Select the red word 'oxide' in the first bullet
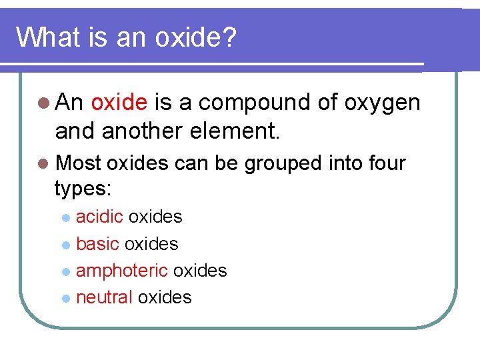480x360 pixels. (x=119, y=103)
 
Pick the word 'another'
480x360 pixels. (x=139, y=131)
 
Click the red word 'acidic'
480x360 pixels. (x=100, y=217)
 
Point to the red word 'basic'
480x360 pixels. (x=97, y=244)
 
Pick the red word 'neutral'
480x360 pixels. (x=105, y=297)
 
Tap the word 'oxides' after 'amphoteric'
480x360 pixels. (x=200, y=271)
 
